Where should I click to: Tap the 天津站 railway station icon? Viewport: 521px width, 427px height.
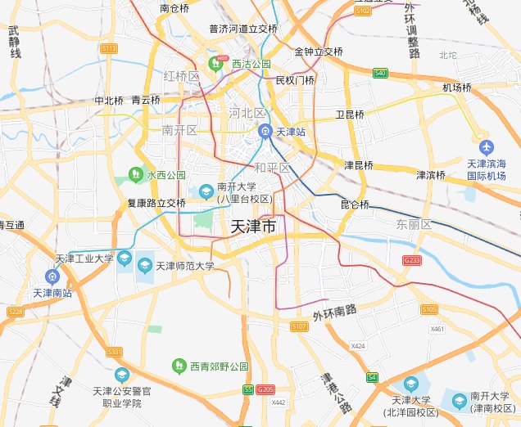(x=265, y=131)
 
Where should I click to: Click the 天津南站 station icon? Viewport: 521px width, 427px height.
(x=52, y=276)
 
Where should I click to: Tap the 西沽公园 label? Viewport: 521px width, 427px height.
(x=251, y=63)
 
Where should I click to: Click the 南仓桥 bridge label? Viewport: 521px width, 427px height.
(x=174, y=8)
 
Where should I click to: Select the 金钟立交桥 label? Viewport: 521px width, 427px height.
(x=319, y=51)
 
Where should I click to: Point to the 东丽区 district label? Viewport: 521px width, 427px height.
(x=414, y=223)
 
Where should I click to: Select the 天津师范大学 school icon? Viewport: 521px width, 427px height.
(x=145, y=265)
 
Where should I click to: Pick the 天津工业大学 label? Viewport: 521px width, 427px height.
(x=84, y=259)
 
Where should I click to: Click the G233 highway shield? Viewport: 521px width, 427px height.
(x=411, y=259)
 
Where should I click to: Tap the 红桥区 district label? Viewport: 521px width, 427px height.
(x=181, y=76)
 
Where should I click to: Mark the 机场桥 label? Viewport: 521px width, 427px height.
(x=457, y=88)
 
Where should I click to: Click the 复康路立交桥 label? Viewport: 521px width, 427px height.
(x=156, y=202)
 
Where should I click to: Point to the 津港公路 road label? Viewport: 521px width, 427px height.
(x=331, y=391)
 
